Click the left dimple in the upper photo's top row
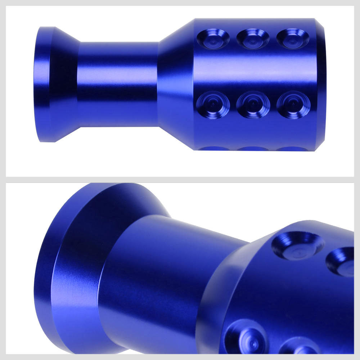213,39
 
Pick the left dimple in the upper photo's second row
213,105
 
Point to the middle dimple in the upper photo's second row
253,105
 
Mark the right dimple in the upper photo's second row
293,105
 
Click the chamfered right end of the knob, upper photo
320,84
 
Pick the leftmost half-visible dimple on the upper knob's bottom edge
214,148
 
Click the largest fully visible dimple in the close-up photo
298,246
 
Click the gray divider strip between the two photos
180,180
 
